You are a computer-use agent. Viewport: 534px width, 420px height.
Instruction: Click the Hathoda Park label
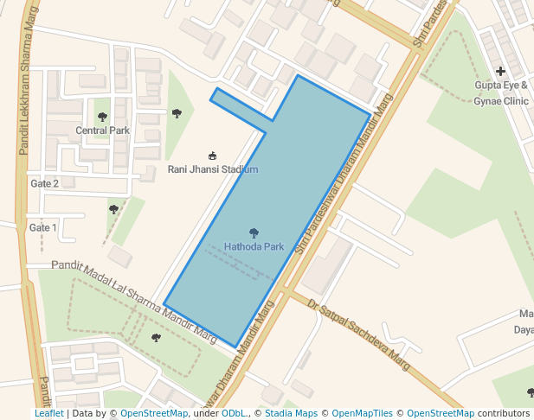point(254,246)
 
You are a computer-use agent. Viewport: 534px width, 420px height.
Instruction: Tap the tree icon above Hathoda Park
point(254,232)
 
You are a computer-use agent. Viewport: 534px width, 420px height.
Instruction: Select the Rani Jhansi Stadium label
point(213,169)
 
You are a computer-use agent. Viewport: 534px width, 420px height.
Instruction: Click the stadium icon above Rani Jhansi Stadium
point(213,156)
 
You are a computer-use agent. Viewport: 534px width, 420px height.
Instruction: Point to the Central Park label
point(102,130)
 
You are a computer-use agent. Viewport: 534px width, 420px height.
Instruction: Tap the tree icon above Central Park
point(102,117)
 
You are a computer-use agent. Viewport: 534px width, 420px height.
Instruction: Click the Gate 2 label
point(44,183)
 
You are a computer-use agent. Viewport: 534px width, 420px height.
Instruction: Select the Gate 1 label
point(42,228)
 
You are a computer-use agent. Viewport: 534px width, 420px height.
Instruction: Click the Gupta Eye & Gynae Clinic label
point(501,92)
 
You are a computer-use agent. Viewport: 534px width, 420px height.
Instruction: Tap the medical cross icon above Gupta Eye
point(500,71)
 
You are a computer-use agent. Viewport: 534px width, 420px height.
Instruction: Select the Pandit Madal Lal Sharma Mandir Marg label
point(133,299)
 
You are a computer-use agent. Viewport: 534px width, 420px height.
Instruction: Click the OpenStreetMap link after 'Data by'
point(154,413)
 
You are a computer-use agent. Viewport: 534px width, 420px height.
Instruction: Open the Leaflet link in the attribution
point(48,413)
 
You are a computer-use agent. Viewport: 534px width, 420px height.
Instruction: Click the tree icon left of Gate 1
point(113,209)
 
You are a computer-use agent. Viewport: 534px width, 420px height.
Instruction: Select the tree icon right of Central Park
point(177,113)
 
